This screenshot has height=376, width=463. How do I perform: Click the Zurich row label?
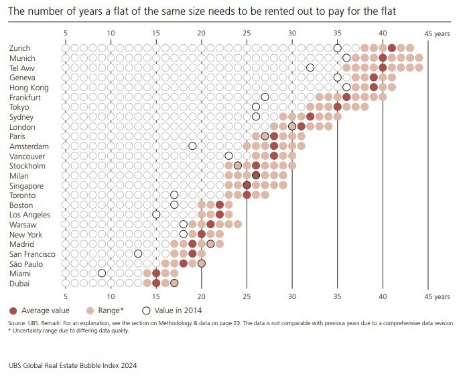click(x=21, y=48)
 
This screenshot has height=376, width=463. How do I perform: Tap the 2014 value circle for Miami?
click(x=102, y=273)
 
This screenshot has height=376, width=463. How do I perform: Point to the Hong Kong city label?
click(x=29, y=87)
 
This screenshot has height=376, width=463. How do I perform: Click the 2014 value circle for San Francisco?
click(x=138, y=254)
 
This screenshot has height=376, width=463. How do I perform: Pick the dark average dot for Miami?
click(x=156, y=273)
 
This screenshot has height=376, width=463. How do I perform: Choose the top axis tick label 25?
click(x=247, y=33)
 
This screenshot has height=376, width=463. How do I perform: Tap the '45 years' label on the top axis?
click(x=438, y=33)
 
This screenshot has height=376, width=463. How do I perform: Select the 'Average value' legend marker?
click(x=13, y=310)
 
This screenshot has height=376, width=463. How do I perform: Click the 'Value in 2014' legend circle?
click(x=147, y=310)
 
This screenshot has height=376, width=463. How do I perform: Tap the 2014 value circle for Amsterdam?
click(x=192, y=146)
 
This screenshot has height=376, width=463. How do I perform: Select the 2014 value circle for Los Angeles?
click(x=156, y=215)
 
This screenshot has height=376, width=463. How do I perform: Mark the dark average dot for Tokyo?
click(x=337, y=106)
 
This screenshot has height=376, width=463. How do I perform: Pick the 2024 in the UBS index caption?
click(x=128, y=365)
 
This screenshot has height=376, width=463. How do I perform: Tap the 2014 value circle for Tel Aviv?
click(x=310, y=68)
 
